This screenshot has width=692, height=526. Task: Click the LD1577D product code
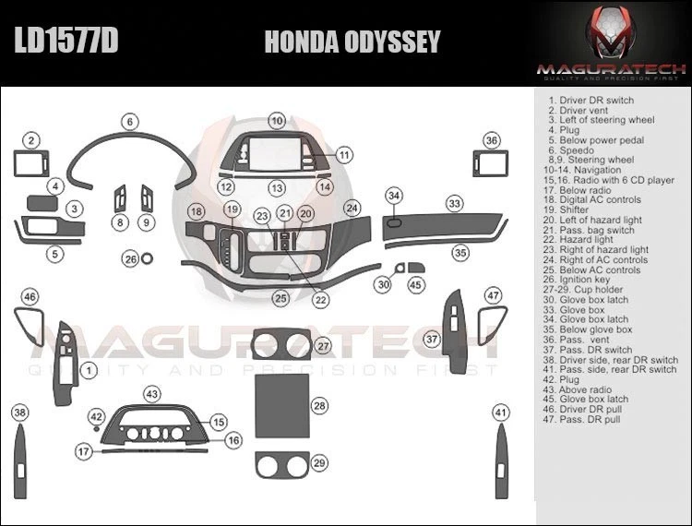pos(66,41)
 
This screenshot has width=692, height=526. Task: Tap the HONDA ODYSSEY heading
pos(352,42)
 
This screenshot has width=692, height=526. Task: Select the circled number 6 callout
pos(130,122)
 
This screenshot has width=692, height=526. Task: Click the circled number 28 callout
pos(319,405)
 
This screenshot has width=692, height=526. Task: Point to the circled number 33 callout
pos(455,203)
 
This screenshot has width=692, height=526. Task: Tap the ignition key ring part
pos(147,258)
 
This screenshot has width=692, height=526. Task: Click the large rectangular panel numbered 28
pos(282,406)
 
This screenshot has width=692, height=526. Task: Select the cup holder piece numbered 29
pos(281,465)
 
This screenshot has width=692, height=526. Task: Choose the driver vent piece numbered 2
pos(31,163)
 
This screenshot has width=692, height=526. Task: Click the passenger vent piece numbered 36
pos(490,163)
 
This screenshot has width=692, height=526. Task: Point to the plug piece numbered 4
pos(42,203)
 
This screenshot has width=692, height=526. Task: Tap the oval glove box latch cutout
pos(394,222)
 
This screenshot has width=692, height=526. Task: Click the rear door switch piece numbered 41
pos(501,461)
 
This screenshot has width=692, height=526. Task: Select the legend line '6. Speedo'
pos(571,150)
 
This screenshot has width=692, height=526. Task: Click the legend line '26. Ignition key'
pos(577,280)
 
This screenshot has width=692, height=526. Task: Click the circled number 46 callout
pos(30,296)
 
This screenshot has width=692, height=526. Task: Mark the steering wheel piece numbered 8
pos(120,199)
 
